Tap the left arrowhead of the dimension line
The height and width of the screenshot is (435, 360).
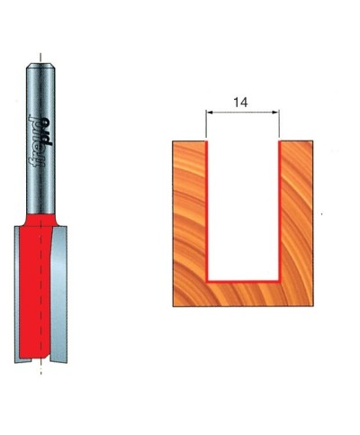coord(211,113)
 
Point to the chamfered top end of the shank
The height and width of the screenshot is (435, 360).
coord(41,66)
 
